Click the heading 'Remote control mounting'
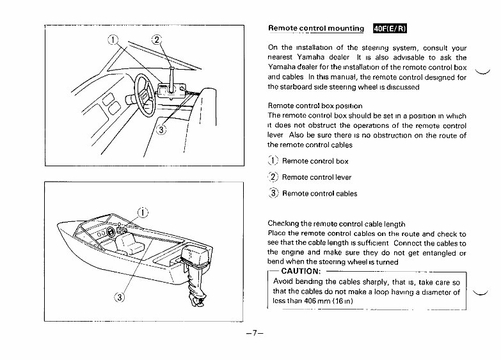click(x=315, y=29)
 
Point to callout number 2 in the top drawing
click(x=157, y=41)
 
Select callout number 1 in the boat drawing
click(x=144, y=213)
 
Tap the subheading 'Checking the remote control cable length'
click(x=336, y=224)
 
